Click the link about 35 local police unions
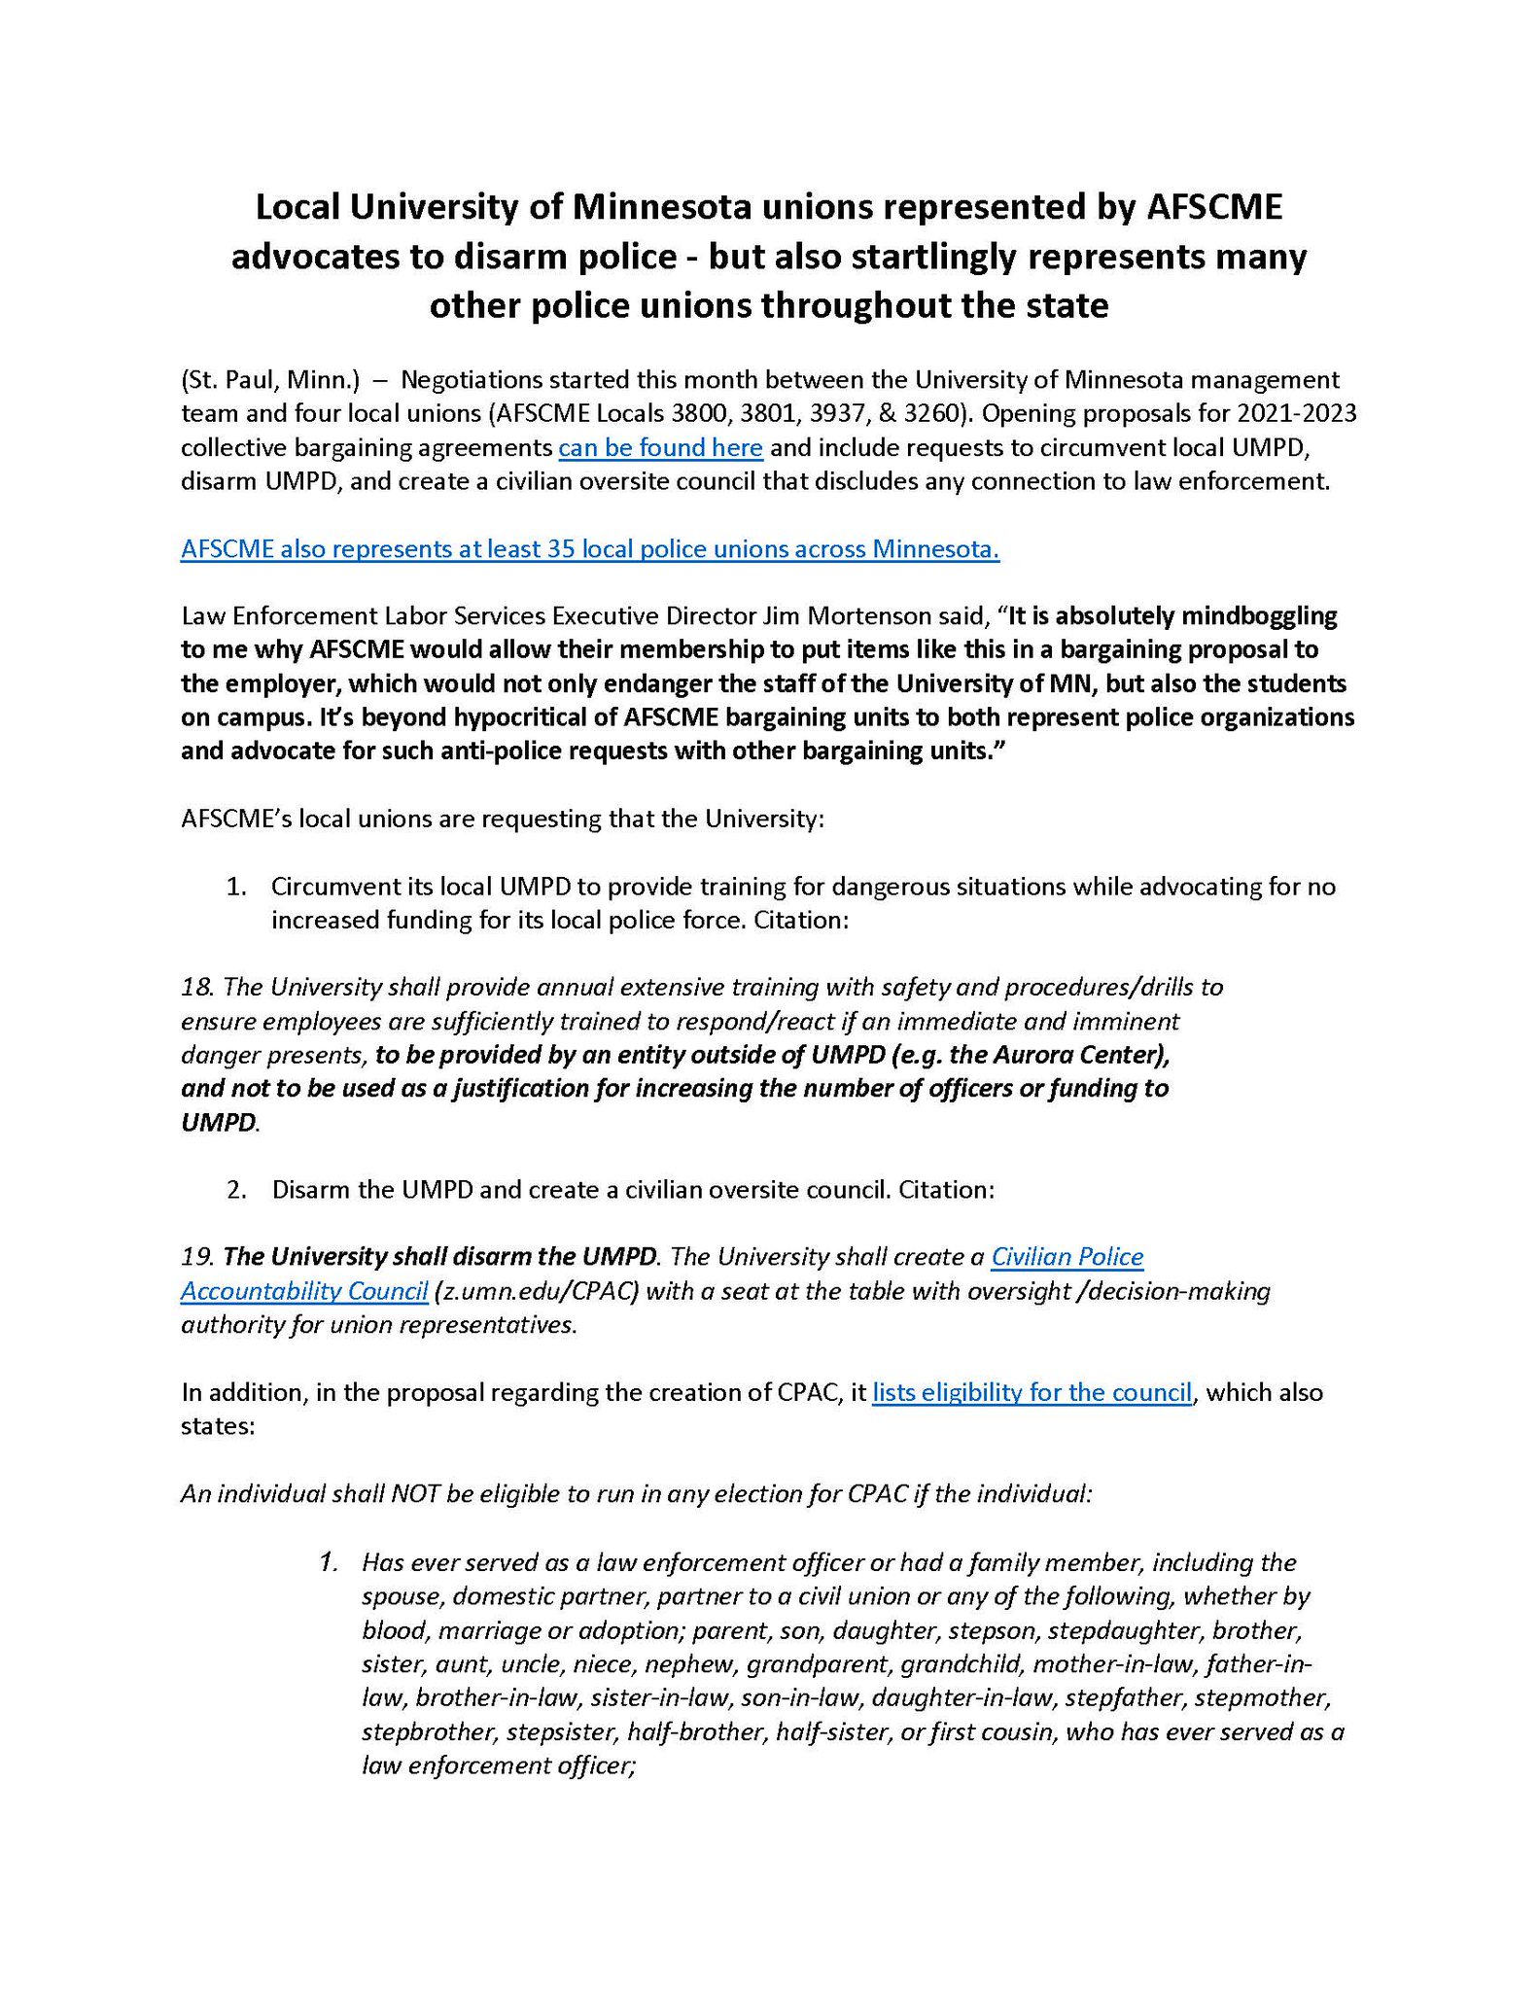pyautogui.click(x=590, y=549)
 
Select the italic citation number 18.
pyautogui.click(x=197, y=987)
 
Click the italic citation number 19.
pyautogui.click(x=197, y=1257)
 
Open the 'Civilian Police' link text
pyautogui.click(x=1067, y=1257)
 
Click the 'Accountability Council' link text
pyautogui.click(x=304, y=1291)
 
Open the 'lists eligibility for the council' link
pyautogui.click(x=1032, y=1392)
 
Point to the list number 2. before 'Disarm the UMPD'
pyautogui.click(x=236, y=1190)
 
